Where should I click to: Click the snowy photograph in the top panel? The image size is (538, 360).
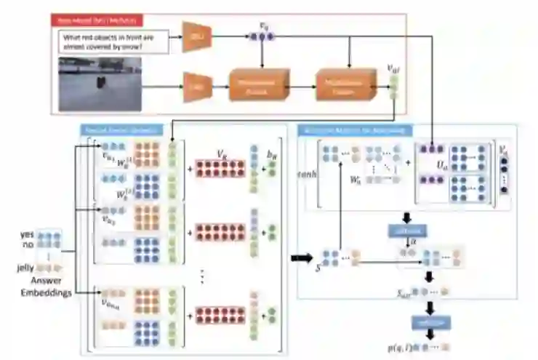tap(100, 85)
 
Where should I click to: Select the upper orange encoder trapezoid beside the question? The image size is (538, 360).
tap(196, 36)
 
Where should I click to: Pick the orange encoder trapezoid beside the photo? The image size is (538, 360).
tap(194, 87)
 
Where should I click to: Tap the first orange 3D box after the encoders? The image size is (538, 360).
tap(259, 86)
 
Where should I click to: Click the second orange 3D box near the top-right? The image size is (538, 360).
tap(343, 86)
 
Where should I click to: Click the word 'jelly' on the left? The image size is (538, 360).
tap(27, 268)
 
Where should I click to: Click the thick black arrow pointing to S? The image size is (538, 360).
tap(300, 257)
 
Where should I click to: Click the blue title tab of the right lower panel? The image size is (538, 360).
tap(356, 131)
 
